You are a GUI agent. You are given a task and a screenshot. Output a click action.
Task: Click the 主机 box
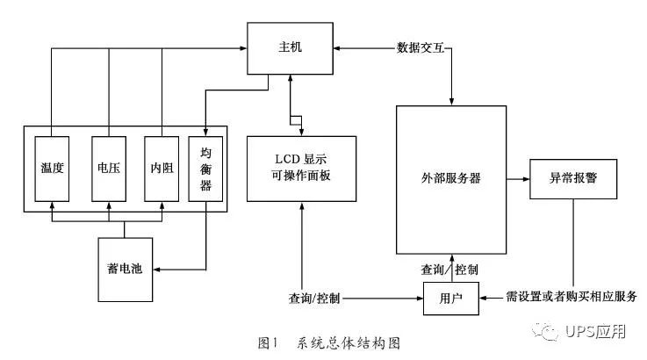(x=290, y=47)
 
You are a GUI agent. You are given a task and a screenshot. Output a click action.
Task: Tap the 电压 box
(x=109, y=167)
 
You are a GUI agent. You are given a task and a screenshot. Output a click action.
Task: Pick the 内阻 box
(x=162, y=167)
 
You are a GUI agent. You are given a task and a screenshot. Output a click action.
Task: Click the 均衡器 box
(x=206, y=167)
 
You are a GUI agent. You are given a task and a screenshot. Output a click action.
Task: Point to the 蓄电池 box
(x=124, y=267)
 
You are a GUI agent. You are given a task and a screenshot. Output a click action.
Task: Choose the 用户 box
(x=451, y=299)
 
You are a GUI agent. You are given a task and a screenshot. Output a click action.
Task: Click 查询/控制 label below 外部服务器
(x=450, y=268)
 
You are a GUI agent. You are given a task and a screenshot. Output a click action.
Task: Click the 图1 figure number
(x=266, y=342)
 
